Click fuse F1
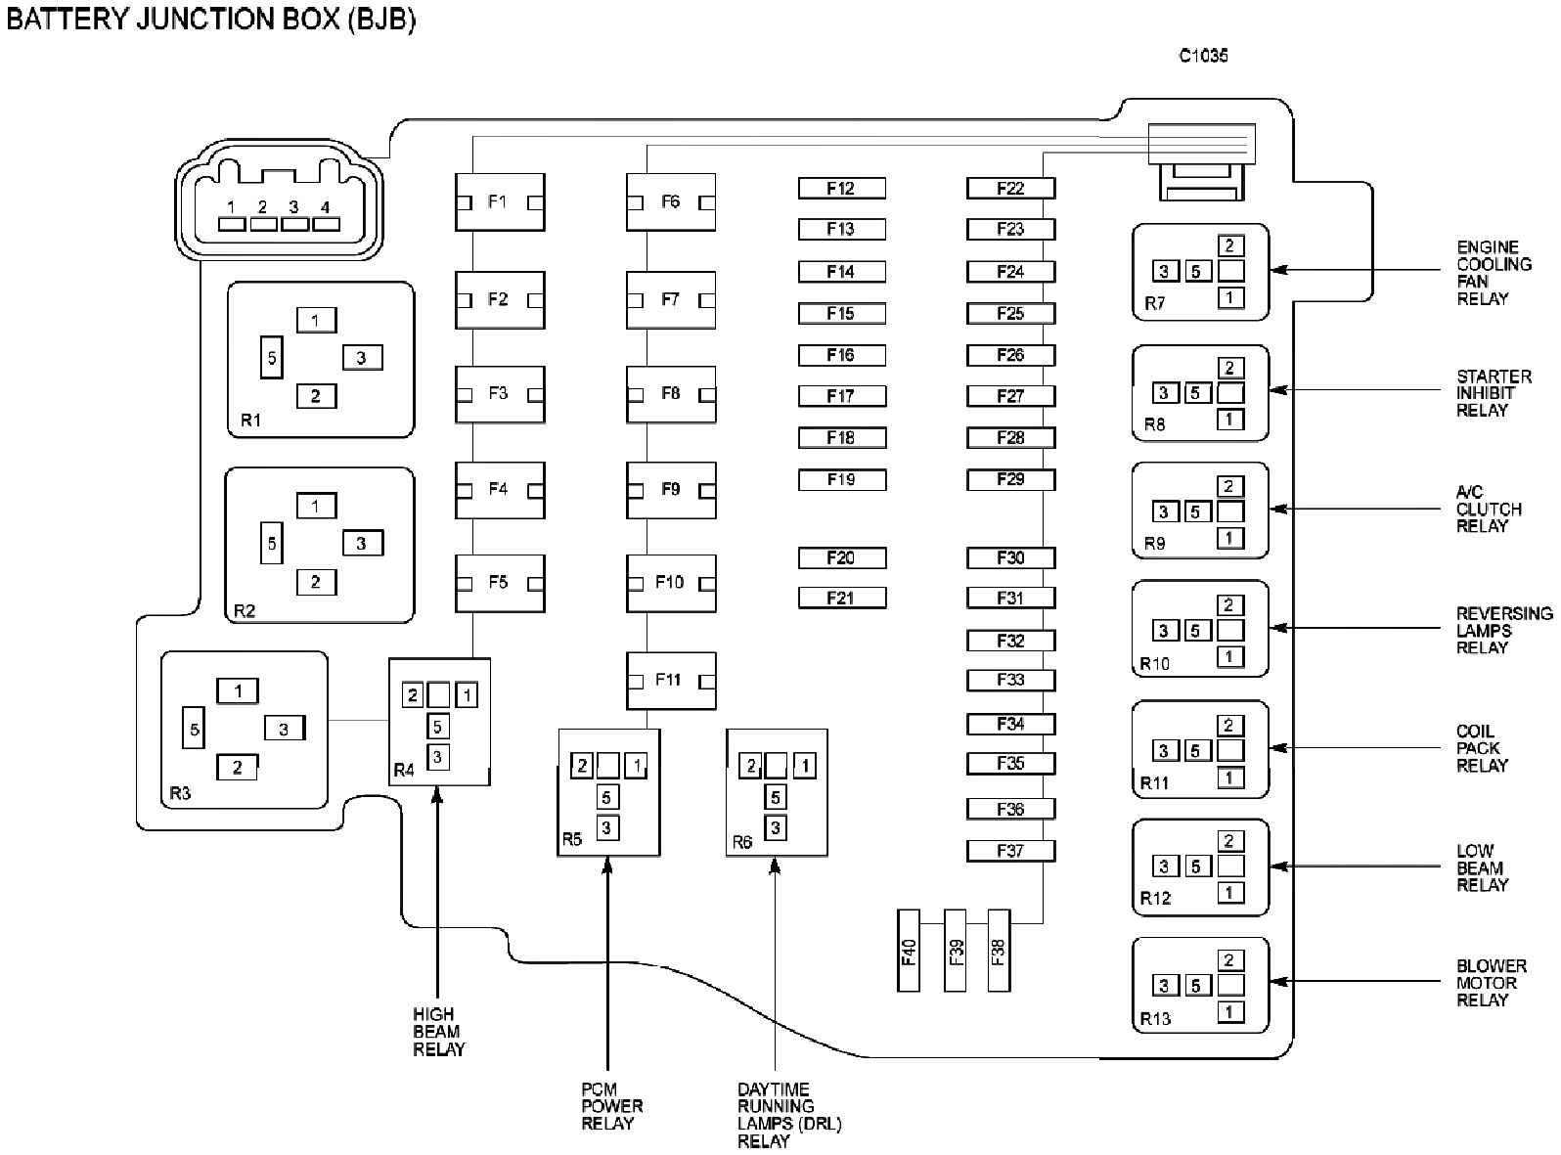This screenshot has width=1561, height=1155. point(500,202)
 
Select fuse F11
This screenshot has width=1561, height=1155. point(671,680)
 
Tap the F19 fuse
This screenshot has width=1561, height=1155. point(842,480)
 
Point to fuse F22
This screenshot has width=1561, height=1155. point(1010,188)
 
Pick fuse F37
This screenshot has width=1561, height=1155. point(1010,851)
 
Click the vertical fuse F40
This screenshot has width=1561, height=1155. point(909,951)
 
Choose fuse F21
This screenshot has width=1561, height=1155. point(842,599)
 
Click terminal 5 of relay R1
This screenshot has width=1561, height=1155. point(272,358)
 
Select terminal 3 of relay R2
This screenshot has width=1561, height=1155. point(363,543)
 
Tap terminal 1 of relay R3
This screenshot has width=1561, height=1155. point(238,691)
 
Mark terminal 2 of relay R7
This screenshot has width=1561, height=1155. point(1230,245)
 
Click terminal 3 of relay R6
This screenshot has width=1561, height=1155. point(776,827)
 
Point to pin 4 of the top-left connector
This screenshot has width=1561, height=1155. point(326,224)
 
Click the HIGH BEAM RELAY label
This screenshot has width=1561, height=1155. point(438,1032)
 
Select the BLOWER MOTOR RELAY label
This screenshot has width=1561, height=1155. point(1492,983)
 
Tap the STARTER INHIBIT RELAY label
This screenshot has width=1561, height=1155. point(1494,393)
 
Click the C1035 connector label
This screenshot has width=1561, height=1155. point(1203,56)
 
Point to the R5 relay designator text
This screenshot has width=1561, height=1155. point(572,840)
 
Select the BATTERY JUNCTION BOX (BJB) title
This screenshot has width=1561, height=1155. point(210,19)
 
